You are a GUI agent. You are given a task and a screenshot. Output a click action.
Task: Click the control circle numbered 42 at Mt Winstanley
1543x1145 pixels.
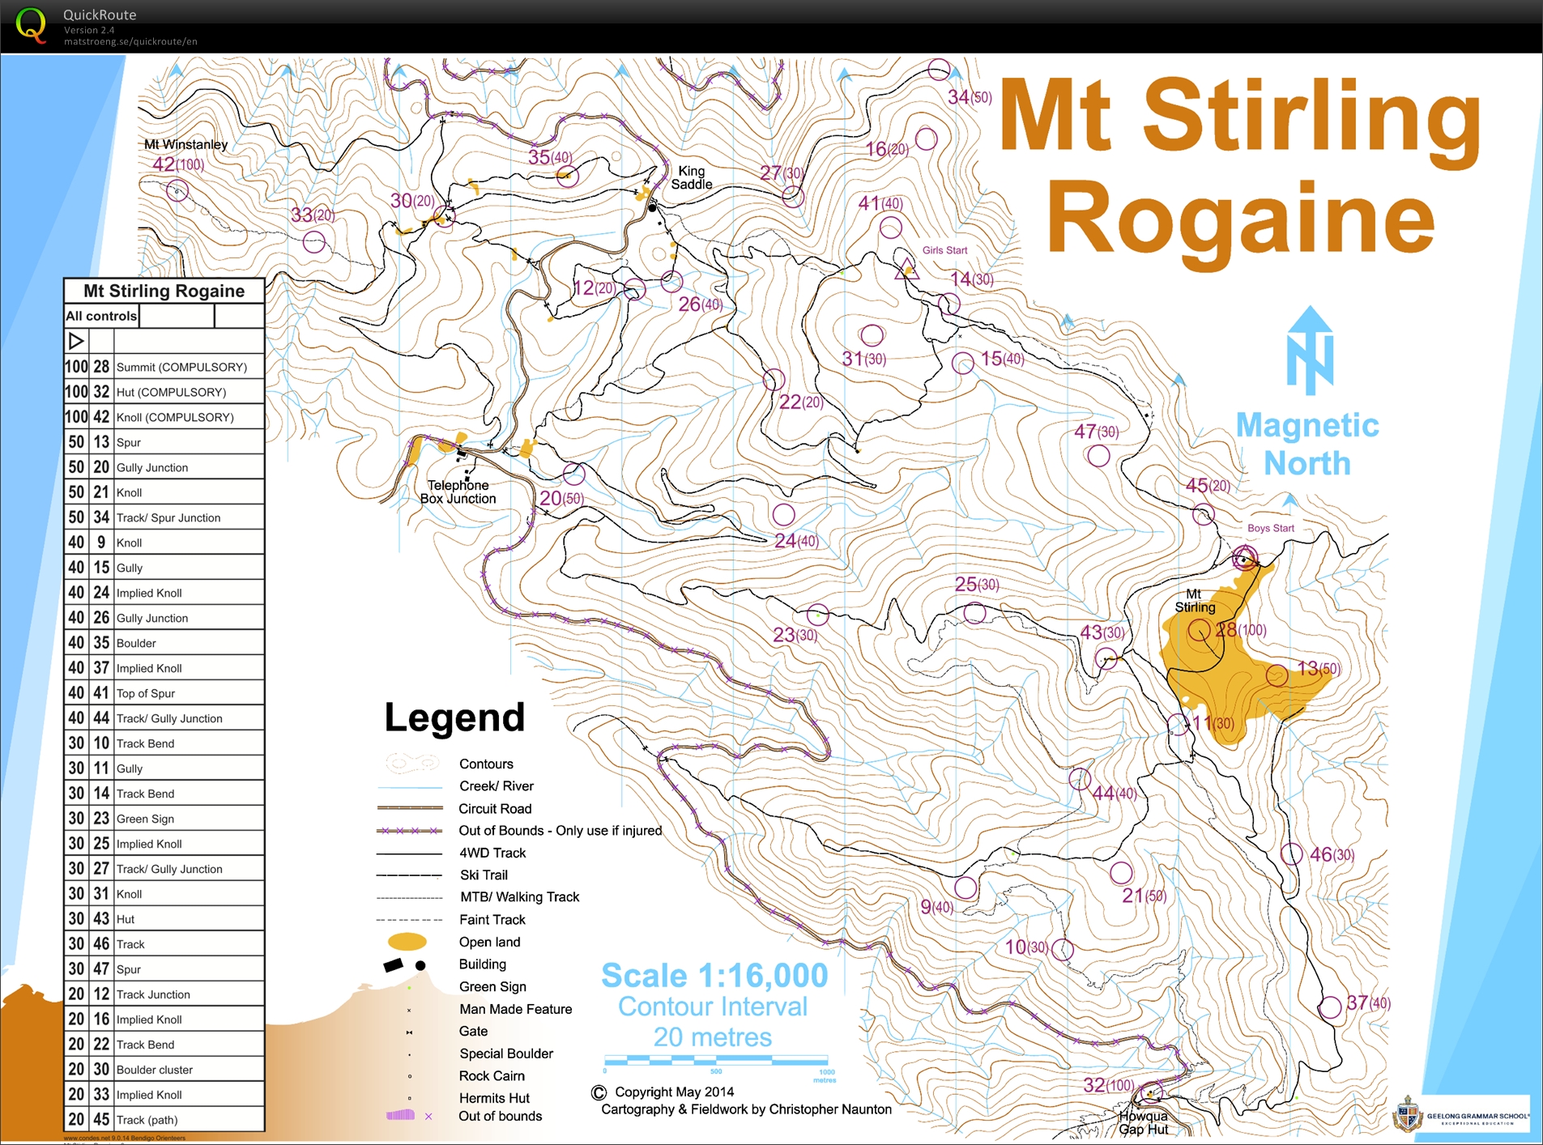[x=177, y=191]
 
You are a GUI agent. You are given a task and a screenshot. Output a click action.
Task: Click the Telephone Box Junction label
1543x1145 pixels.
[x=458, y=492]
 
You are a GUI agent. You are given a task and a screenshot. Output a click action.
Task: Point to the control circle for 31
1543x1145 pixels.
[x=872, y=334]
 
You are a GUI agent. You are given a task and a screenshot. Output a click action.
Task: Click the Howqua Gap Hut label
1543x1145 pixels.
[x=1143, y=1122]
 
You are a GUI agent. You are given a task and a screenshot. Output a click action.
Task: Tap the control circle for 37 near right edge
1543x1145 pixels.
[x=1329, y=1007]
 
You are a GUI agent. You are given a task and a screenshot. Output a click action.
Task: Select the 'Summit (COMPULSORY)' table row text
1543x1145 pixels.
[x=181, y=367]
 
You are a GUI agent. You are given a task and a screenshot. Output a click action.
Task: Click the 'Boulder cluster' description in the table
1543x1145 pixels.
[x=155, y=1070]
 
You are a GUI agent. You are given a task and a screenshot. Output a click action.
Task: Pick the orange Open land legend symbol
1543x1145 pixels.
[x=407, y=942]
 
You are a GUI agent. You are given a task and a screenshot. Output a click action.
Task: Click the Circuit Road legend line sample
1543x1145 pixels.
[x=410, y=808]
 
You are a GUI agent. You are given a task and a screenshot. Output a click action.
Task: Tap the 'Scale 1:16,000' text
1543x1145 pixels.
[x=714, y=976]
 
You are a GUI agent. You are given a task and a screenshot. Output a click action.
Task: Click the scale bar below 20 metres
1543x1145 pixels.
[x=716, y=1060]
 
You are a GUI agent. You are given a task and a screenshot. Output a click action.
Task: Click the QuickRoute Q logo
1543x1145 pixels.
[x=31, y=25]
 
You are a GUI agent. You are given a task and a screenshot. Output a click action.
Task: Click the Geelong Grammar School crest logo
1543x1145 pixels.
[x=1408, y=1115]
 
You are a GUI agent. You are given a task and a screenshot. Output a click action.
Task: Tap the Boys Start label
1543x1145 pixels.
[x=1270, y=528]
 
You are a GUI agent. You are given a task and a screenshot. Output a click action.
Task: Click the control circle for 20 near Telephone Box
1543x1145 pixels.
[x=573, y=473]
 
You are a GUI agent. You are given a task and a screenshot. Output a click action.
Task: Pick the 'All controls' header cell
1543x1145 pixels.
[x=101, y=316]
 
